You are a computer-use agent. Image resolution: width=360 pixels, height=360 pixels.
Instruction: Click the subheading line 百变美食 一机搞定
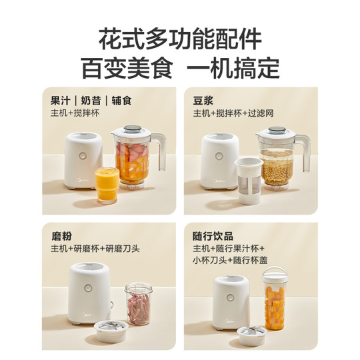point(180,67)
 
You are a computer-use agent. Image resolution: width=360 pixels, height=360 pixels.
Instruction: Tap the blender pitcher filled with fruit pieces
point(133,160)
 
